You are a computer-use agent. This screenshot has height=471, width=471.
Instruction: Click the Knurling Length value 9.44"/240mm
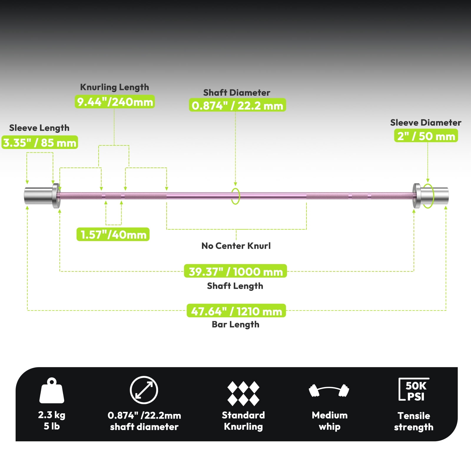115,102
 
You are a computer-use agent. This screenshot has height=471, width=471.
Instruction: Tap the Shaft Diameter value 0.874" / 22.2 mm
237,105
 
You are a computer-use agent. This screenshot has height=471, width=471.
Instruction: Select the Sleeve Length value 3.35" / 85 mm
40,142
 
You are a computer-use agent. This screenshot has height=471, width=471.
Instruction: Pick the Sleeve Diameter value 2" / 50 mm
426,136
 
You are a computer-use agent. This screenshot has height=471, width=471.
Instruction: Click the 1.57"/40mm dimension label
113,234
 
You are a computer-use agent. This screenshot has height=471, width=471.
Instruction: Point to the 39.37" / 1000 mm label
235,271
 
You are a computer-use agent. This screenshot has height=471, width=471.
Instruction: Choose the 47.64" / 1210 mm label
236,311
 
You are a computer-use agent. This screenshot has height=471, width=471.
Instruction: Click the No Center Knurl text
236,246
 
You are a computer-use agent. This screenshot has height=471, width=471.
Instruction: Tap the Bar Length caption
235,324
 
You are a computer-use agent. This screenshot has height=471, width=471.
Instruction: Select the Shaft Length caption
235,286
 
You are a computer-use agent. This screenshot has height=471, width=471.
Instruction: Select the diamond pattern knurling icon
243,394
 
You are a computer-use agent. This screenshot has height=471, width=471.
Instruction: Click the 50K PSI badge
414,389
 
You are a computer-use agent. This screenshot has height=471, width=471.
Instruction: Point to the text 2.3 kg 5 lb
52,420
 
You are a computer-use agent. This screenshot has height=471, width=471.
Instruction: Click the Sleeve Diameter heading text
426,122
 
